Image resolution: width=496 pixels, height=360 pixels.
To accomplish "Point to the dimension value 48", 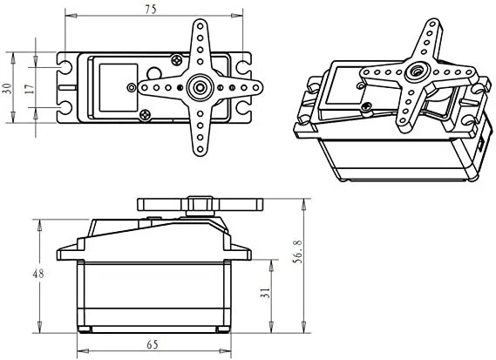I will tap(37, 274).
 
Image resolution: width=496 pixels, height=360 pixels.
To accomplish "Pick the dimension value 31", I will tap(263, 295).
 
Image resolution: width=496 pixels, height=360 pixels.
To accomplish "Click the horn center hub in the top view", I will tap(198, 86).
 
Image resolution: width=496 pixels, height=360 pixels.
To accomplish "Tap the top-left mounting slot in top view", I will tap(67, 65).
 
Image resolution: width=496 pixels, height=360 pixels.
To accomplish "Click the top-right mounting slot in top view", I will tap(241, 65).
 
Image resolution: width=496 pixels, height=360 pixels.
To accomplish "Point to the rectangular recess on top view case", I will tap(116, 86).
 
